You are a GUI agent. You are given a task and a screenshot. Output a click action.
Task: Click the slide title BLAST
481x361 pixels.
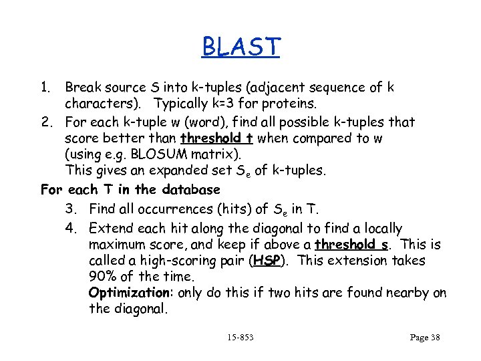coord(241,47)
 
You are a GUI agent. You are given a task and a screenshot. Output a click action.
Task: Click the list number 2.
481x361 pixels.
coord(46,122)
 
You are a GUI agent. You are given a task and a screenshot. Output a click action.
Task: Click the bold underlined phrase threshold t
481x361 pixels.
coord(217,138)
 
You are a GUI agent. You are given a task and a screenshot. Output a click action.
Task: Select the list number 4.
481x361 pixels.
coord(71,229)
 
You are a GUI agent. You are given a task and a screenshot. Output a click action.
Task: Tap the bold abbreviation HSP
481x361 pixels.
coord(267,261)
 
